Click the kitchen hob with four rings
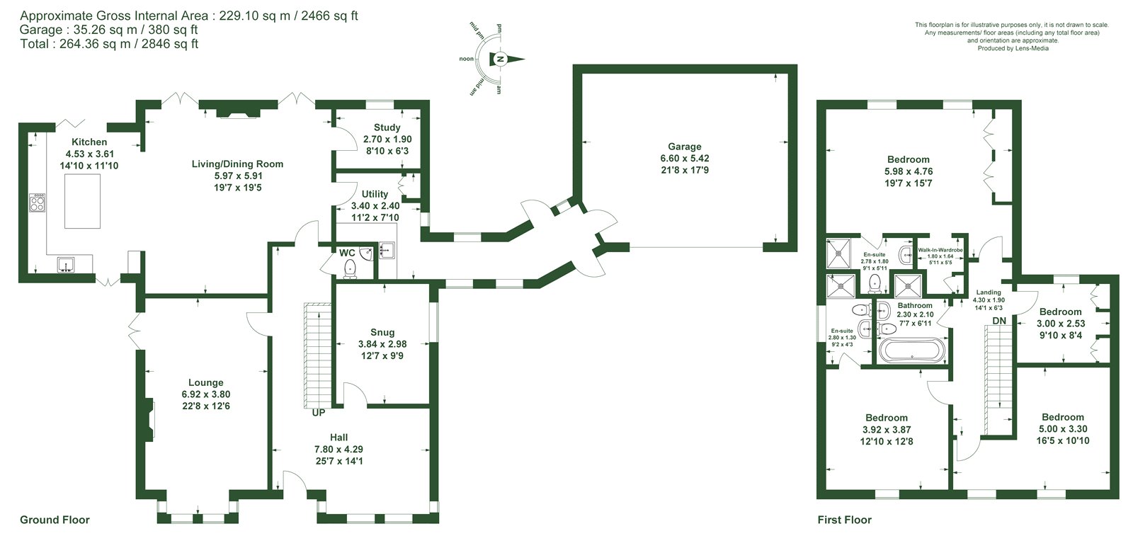37,203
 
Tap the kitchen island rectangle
82,201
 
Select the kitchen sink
66,265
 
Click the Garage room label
684,147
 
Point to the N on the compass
500,59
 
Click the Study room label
387,128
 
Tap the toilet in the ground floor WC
350,268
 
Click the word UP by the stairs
319,413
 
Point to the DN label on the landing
999,321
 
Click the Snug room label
382,332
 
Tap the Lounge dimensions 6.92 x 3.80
206,394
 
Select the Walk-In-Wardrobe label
940,250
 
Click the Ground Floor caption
55,520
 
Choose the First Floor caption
845,520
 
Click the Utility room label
375,194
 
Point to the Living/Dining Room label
237,164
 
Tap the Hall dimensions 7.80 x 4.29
339,449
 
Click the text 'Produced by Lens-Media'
1013,49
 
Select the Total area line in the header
109,44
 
